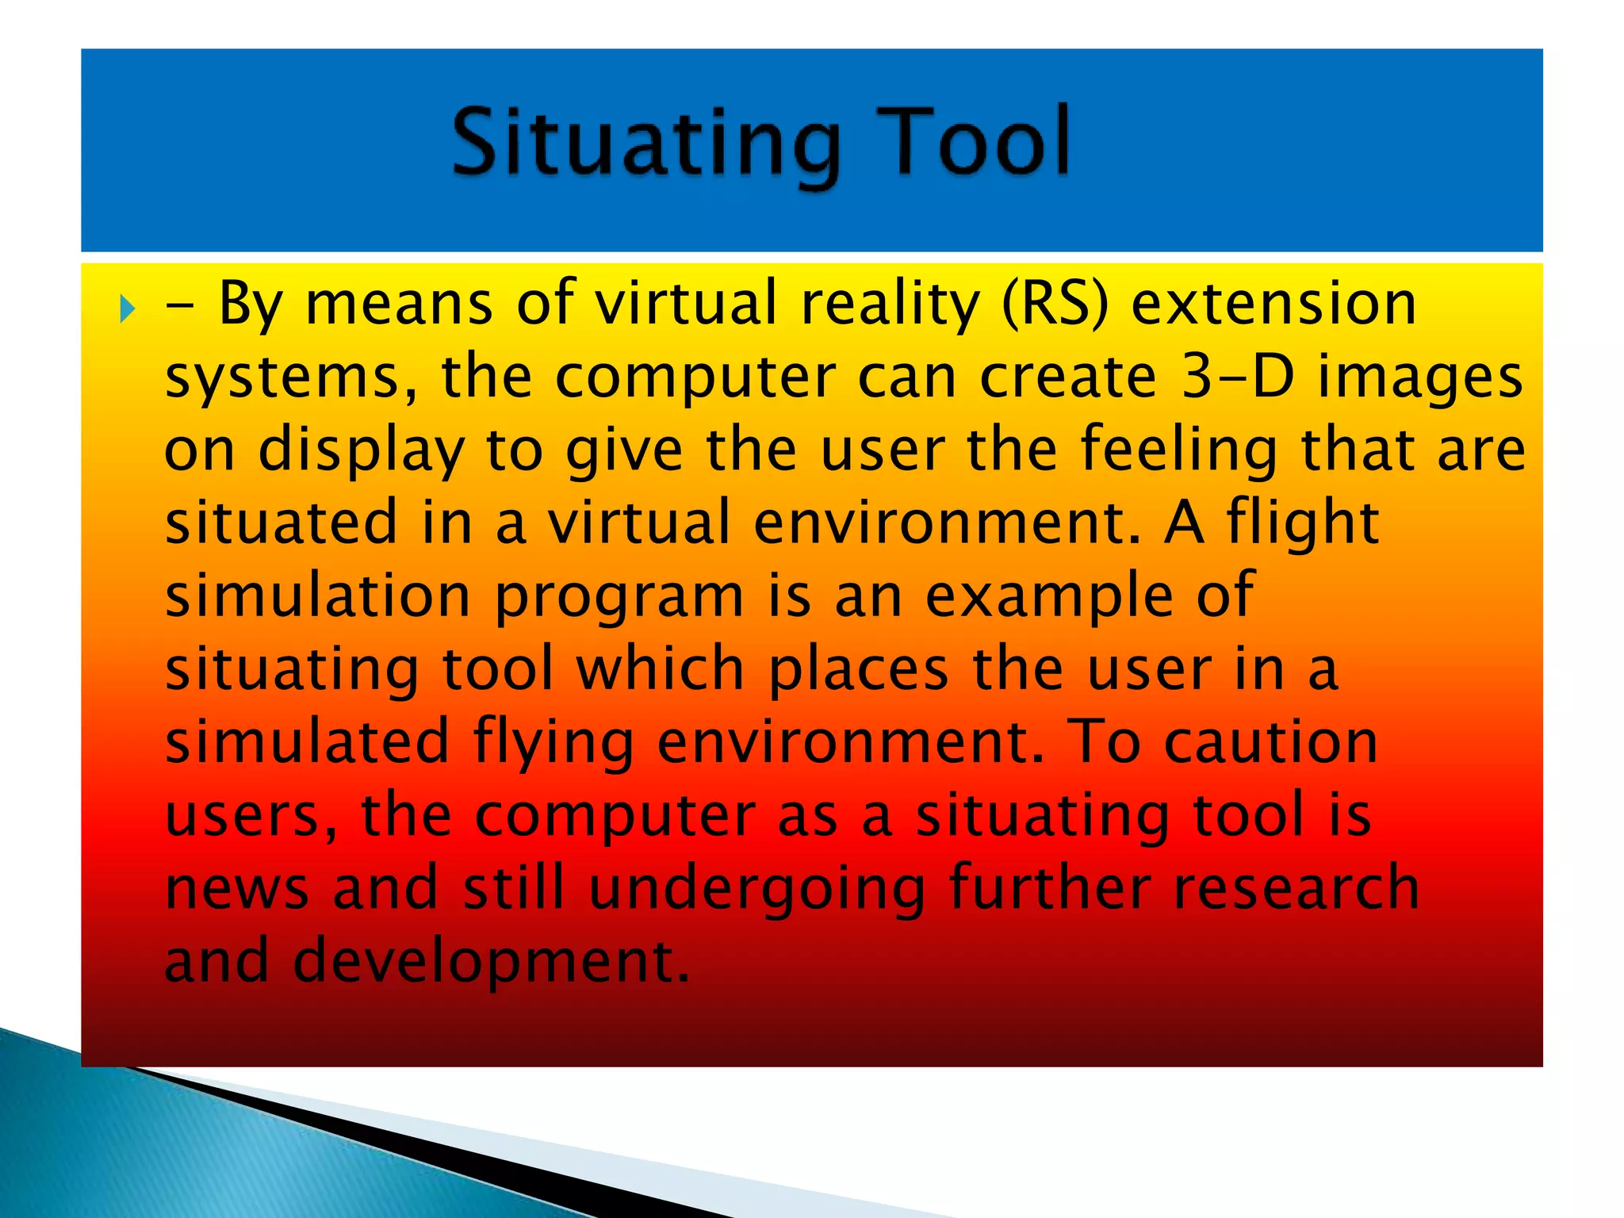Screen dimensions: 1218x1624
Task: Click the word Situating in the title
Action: coord(646,144)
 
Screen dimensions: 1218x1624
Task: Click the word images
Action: coord(1419,379)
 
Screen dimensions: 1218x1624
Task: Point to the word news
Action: coord(236,888)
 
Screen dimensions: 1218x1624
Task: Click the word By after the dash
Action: coord(250,306)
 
